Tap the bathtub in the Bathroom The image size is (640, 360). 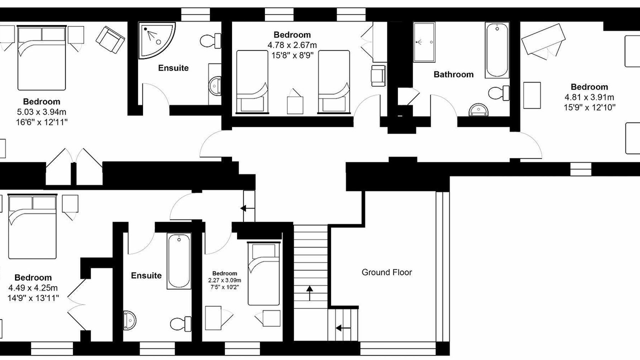click(x=497, y=50)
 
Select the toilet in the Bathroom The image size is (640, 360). click(x=498, y=93)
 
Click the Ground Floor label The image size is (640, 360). click(x=386, y=272)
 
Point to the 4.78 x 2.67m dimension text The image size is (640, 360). click(x=292, y=45)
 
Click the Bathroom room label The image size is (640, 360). click(x=453, y=74)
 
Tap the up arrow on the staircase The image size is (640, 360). click(x=309, y=293)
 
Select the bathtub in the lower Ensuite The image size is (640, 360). click(x=179, y=261)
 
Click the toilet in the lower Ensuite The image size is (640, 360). click(x=180, y=324)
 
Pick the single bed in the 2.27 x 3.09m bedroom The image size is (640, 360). click(x=263, y=273)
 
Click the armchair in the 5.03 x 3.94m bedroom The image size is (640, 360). click(x=110, y=40)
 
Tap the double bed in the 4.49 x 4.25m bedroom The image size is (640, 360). click(x=32, y=226)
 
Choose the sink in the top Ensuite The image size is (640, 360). click(x=215, y=85)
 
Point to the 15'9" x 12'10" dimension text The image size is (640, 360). click(x=589, y=107)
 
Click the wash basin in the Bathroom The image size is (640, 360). click(x=478, y=110)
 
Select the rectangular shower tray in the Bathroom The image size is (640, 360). click(x=424, y=42)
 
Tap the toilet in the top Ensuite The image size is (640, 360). click(x=210, y=41)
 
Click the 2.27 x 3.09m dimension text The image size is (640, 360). click(x=224, y=280)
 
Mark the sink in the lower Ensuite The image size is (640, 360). click(x=129, y=320)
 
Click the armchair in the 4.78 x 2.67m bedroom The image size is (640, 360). click(x=378, y=75)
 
